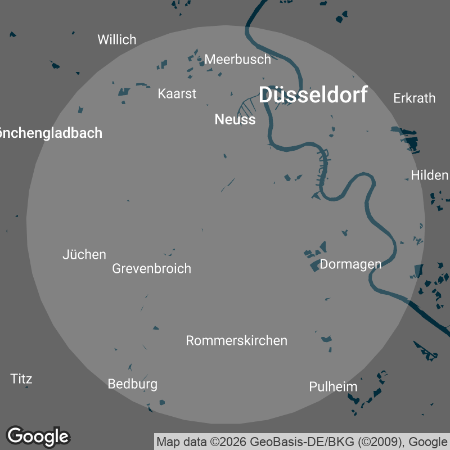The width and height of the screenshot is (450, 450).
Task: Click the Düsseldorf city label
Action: click(313, 95)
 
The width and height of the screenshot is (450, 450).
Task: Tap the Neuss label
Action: click(235, 119)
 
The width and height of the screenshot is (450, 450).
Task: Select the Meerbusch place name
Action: click(237, 59)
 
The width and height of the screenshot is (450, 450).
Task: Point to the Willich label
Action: click(117, 39)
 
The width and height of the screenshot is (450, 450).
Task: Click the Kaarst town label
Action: click(177, 93)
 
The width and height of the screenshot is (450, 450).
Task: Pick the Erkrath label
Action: click(414, 98)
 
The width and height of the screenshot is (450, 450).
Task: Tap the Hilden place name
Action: click(429, 175)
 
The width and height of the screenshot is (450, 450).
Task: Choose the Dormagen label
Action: click(350, 264)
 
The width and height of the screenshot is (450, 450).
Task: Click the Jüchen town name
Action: click(84, 255)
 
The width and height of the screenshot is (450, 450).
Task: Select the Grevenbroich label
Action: click(151, 268)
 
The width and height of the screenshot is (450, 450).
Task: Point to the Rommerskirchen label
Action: click(236, 340)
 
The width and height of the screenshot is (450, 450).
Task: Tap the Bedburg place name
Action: click(132, 384)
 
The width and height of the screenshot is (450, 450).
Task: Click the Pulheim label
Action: click(333, 386)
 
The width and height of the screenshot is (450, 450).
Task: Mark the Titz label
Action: click(21, 379)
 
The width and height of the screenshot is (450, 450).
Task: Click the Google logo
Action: click(38, 436)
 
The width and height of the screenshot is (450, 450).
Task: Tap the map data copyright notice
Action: click(302, 442)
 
